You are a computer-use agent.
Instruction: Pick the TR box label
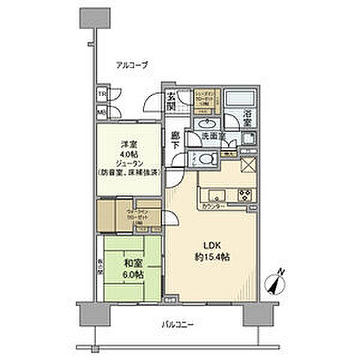(101, 95)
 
